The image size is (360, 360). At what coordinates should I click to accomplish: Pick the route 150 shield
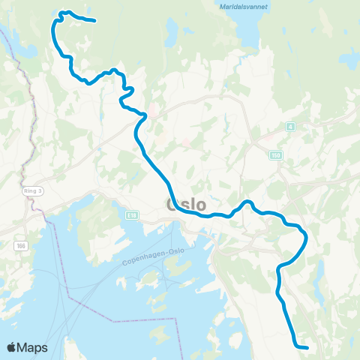(276, 154)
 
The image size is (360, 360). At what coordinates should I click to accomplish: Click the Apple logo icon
(12, 347)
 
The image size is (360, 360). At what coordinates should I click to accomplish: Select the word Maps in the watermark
(33, 347)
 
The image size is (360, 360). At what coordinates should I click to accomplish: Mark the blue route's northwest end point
(94, 21)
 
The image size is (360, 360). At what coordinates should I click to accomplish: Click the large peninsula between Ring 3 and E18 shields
(90, 217)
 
